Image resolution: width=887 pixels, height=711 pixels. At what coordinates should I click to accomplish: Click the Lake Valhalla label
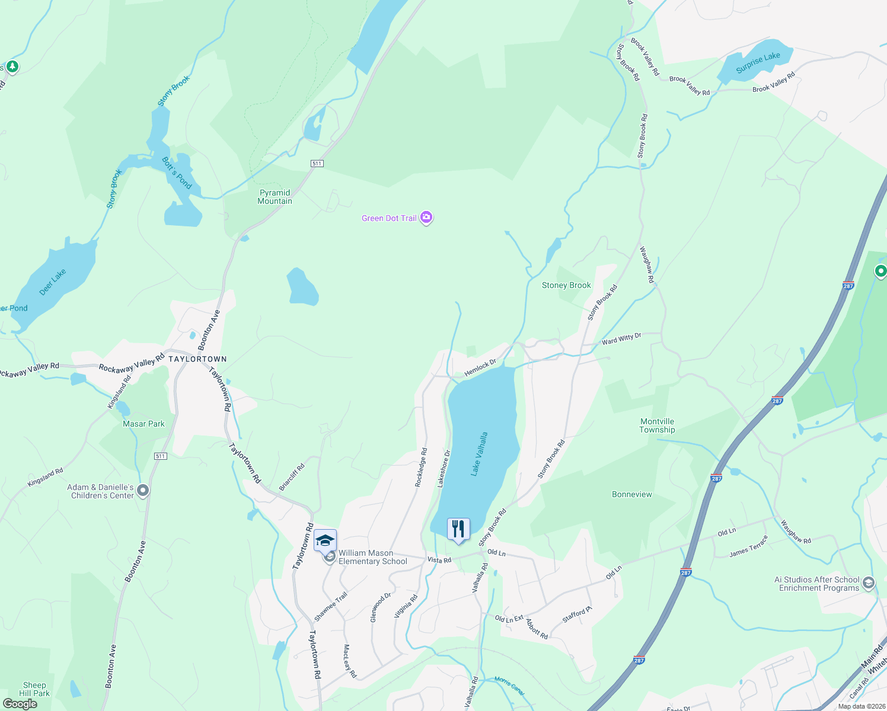479,453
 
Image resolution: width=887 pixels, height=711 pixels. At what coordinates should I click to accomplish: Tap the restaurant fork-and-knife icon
458,528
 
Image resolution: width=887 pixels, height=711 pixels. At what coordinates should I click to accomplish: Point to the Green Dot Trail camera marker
426,217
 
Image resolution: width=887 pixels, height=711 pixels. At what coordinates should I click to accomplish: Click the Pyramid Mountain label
275,197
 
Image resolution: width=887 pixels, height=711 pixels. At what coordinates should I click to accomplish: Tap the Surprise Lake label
758,62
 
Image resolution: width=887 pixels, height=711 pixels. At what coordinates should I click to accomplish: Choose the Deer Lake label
52,282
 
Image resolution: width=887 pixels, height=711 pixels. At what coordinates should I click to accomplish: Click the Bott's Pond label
177,172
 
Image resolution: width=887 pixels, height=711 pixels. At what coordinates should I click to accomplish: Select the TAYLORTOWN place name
197,359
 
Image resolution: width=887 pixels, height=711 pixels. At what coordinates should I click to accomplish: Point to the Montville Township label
657,425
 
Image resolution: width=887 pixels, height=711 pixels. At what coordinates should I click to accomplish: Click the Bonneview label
631,494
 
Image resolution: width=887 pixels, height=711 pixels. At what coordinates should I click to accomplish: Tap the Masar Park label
143,424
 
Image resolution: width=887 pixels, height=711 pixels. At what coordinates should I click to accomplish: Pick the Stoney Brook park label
566,285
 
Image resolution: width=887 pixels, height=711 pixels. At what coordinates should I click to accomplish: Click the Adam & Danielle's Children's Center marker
143,491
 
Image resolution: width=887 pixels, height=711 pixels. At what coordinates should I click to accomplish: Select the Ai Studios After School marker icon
869,583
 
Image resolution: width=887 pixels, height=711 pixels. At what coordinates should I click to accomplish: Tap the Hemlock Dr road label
480,367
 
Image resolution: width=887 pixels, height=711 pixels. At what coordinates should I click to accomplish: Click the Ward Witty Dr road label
621,339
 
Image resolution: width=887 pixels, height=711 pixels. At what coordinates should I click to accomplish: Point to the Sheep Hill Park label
34,689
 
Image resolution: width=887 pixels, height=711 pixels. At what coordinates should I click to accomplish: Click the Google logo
20,704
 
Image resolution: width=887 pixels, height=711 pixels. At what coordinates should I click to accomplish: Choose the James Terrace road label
748,546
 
